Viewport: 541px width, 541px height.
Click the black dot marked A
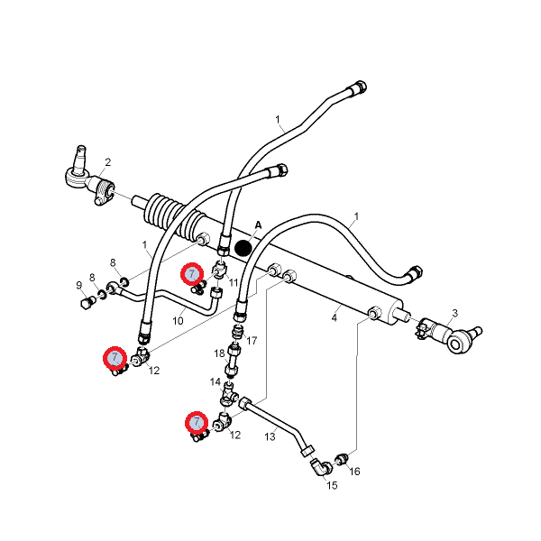click(243, 248)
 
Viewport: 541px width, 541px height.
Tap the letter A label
click(259, 225)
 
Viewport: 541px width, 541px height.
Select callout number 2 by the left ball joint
click(108, 162)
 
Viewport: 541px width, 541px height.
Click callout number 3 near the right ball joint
click(455, 313)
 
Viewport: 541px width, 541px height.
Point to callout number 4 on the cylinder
click(334, 317)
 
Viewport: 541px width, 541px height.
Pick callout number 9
click(79, 285)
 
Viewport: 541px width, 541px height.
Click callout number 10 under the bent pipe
click(178, 321)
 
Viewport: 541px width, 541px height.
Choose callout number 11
click(234, 282)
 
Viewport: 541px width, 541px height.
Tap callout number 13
click(270, 436)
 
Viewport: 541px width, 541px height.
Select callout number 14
click(215, 382)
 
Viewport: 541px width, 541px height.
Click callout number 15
click(332, 485)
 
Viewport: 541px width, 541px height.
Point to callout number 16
click(354, 471)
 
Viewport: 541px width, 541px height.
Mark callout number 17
click(252, 341)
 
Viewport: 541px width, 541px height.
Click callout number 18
click(219, 353)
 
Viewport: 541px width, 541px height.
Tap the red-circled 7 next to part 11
click(192, 274)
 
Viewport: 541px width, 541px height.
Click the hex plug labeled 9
click(87, 303)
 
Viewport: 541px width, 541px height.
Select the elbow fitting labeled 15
click(320, 467)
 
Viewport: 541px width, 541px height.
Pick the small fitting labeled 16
click(343, 459)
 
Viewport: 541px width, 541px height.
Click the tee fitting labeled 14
click(228, 396)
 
